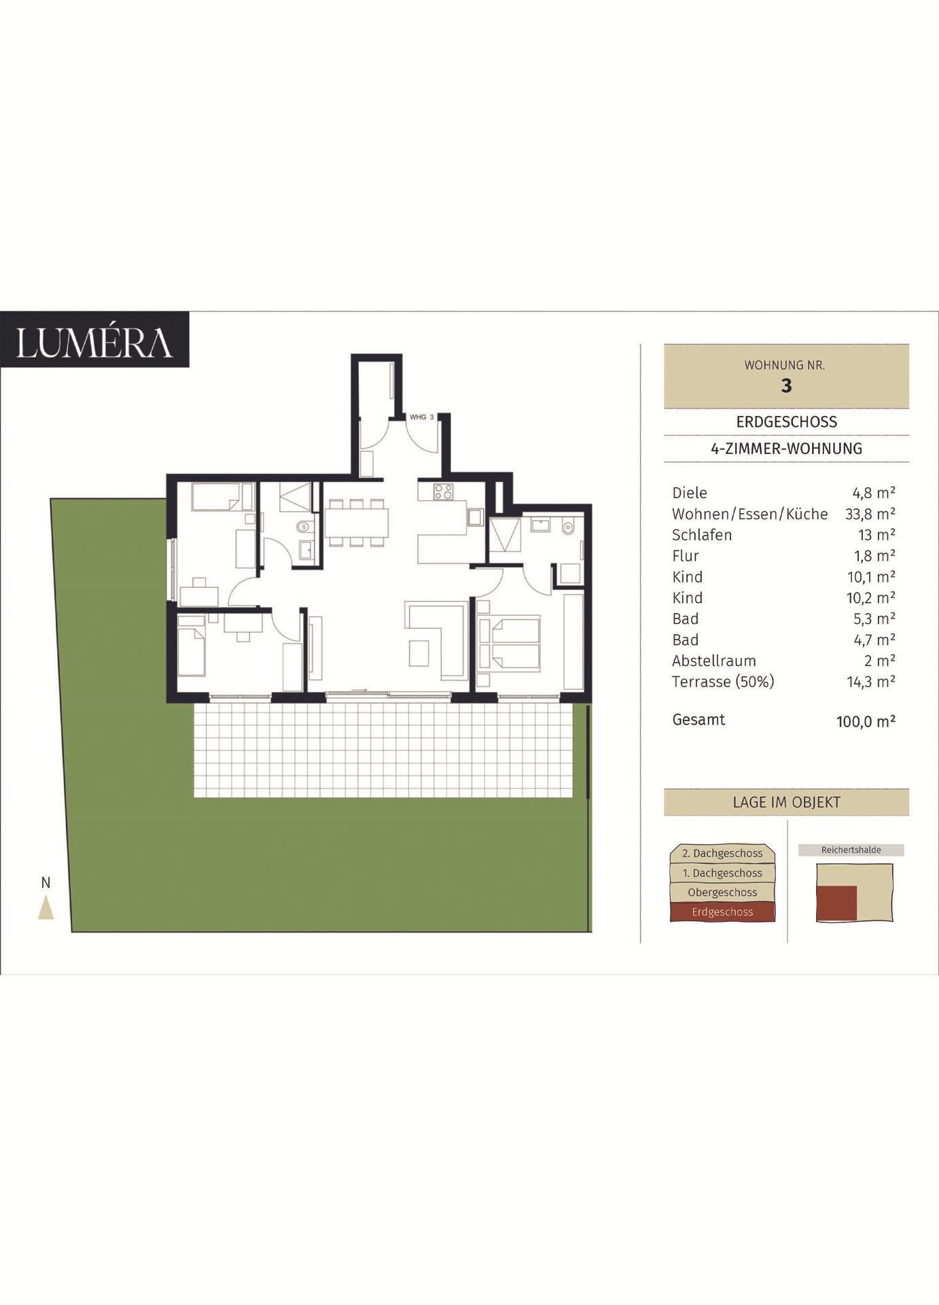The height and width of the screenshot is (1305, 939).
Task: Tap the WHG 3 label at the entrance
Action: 422,417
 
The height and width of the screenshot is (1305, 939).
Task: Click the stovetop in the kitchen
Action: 444,491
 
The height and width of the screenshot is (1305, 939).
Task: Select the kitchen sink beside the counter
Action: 474,518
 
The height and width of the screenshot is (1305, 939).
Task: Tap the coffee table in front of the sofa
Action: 419,652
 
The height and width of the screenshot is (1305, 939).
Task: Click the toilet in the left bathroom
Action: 303,526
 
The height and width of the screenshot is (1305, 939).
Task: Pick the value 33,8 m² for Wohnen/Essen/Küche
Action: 870,514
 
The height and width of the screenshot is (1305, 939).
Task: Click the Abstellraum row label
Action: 713,661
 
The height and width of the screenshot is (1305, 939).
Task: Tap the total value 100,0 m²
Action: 866,722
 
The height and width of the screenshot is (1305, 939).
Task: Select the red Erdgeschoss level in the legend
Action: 722,912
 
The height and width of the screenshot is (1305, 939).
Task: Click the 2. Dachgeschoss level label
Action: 722,853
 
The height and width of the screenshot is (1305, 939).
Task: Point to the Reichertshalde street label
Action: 851,850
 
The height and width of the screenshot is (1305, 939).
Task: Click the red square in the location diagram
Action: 836,903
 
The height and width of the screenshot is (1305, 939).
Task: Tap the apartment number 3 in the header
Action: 786,385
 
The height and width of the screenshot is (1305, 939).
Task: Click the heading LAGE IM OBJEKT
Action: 786,802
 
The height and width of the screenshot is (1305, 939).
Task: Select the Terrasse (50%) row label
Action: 723,682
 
